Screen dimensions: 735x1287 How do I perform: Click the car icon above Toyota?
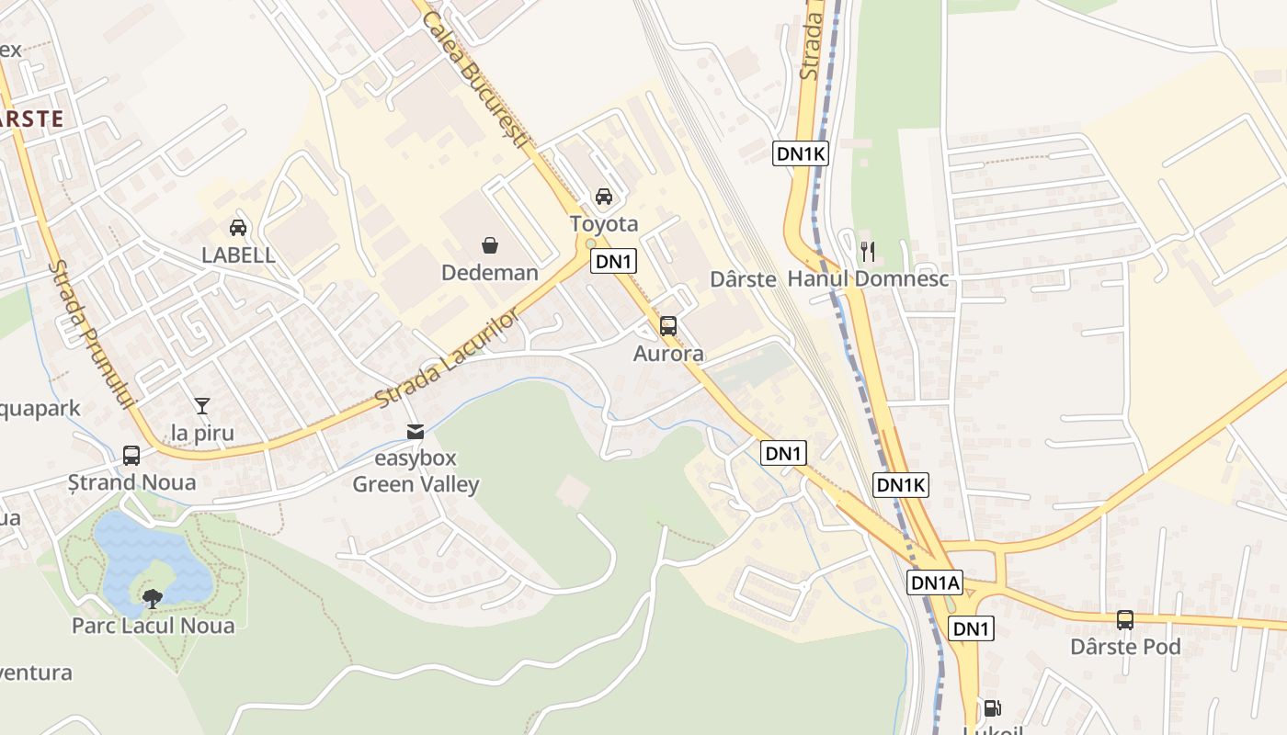pyautogui.click(x=604, y=196)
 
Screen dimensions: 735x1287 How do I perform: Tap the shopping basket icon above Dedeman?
pyautogui.click(x=490, y=245)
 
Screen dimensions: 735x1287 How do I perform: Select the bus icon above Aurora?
pyautogui.click(x=668, y=326)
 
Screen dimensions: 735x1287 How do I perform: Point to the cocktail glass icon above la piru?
pyautogui.click(x=202, y=405)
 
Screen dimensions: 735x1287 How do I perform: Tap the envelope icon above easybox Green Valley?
pyautogui.click(x=416, y=431)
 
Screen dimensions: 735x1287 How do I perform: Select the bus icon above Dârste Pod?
pyautogui.click(x=1125, y=620)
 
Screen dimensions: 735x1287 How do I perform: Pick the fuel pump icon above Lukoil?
pyautogui.click(x=992, y=708)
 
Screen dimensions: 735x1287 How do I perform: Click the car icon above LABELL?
pyautogui.click(x=238, y=227)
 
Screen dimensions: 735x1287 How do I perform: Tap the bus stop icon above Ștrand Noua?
pyautogui.click(x=131, y=455)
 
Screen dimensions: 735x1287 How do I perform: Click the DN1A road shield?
pyautogui.click(x=935, y=582)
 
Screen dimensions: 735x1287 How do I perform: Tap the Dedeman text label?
pyautogui.click(x=490, y=273)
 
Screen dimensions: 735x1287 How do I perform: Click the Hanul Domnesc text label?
pyautogui.click(x=869, y=278)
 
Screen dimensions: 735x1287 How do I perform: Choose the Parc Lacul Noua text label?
pyautogui.click(x=154, y=626)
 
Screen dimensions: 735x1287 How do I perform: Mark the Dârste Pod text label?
pyautogui.click(x=1125, y=647)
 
